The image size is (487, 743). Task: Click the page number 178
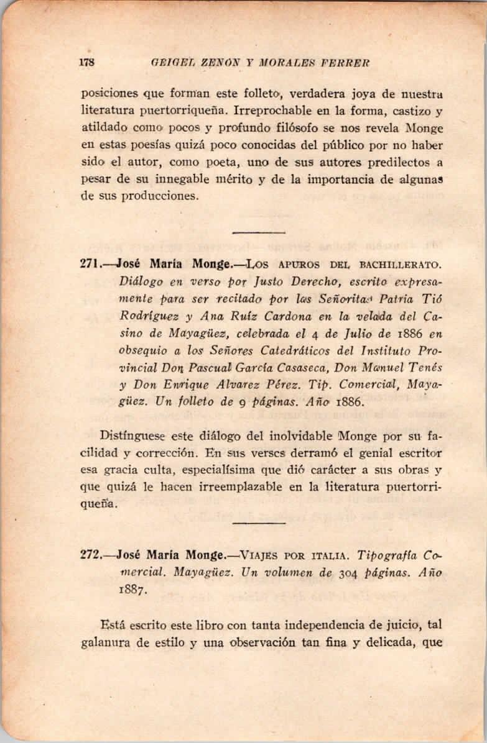point(86,62)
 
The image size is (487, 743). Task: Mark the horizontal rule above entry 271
point(258,232)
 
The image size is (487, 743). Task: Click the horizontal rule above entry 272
point(258,524)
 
